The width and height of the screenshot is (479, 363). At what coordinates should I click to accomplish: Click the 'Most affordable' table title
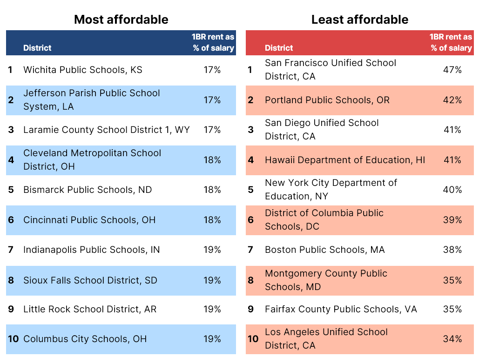point(121,20)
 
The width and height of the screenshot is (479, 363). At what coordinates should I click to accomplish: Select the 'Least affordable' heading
point(359,20)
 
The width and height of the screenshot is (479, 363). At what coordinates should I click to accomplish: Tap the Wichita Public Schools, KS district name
point(83,70)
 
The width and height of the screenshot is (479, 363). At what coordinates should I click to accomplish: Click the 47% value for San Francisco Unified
point(452,70)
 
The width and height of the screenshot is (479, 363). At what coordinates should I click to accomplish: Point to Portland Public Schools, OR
point(327,100)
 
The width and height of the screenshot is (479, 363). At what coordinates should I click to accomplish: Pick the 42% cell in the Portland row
point(452,100)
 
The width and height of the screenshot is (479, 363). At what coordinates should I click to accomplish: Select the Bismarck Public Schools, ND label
point(88,190)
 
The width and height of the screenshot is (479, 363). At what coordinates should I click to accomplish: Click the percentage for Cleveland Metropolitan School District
point(212,160)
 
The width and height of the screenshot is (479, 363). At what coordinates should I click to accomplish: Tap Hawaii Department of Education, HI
point(344,160)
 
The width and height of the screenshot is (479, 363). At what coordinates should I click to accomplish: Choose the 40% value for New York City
point(452,190)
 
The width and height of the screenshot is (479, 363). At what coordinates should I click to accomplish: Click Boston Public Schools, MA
point(324,250)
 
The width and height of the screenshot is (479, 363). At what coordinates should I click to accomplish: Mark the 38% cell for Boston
point(452,250)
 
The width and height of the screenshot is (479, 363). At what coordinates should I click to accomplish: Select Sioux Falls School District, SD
point(90,281)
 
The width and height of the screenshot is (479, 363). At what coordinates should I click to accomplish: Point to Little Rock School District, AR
point(90,310)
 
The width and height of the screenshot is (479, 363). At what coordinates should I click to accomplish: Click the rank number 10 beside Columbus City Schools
point(13,339)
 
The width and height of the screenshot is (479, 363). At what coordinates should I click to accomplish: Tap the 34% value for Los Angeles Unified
point(452,339)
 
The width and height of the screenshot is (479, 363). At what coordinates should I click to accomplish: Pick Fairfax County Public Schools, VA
point(341,310)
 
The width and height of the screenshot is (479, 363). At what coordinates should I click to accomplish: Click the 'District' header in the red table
point(279,48)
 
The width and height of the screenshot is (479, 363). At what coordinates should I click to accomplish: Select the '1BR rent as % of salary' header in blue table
point(213,42)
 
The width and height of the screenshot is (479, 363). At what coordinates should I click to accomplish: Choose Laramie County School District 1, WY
point(107,130)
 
